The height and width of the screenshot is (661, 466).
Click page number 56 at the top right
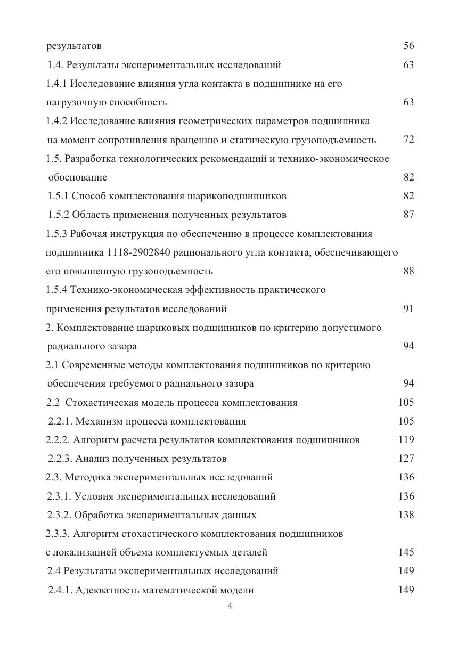pyautogui.click(x=408, y=46)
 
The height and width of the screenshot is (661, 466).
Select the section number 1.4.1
pyautogui.click(x=56, y=84)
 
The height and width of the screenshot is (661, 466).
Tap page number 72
pyautogui.click(x=408, y=140)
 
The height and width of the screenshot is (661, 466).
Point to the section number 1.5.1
pyautogui.click(x=58, y=196)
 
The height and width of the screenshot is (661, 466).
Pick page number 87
pyautogui.click(x=408, y=215)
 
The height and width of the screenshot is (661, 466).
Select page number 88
pyautogui.click(x=408, y=271)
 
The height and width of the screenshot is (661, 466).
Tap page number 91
pyautogui.click(x=408, y=309)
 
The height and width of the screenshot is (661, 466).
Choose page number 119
pyautogui.click(x=406, y=440)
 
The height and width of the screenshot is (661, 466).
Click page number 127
pyautogui.click(x=406, y=459)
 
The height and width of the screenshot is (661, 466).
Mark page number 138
pyautogui.click(x=406, y=515)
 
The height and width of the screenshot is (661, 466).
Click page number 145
pyautogui.click(x=406, y=552)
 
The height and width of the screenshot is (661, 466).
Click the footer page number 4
pyautogui.click(x=230, y=606)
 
